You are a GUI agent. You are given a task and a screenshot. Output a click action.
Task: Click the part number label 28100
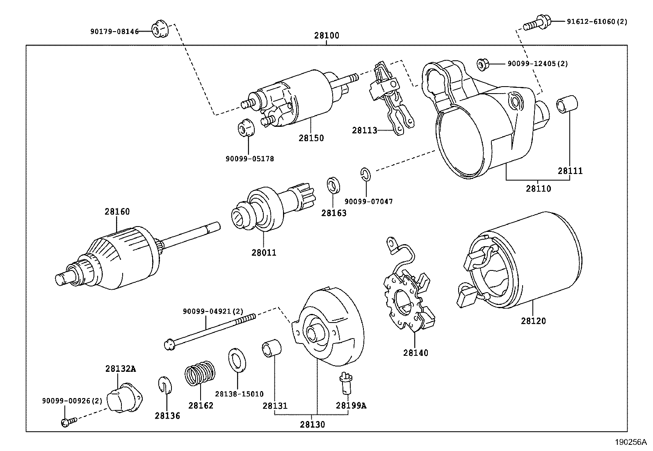tap(327, 35)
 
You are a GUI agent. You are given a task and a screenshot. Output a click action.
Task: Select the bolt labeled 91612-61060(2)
tap(534, 23)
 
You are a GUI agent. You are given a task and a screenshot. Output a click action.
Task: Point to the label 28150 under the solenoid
tap(311, 138)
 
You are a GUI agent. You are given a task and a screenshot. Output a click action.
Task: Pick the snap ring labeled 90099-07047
tap(366, 174)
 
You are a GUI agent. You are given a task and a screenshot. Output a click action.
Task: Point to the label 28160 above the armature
tap(117, 212)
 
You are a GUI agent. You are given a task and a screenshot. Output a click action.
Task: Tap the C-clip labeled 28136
tap(164, 386)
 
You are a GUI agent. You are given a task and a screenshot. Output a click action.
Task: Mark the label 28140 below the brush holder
tap(416, 353)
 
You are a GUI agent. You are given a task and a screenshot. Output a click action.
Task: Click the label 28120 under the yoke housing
tap(533, 321)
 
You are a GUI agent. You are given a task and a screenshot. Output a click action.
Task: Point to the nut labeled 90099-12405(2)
tap(482, 64)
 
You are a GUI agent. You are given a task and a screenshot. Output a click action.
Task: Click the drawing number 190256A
tap(630, 443)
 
